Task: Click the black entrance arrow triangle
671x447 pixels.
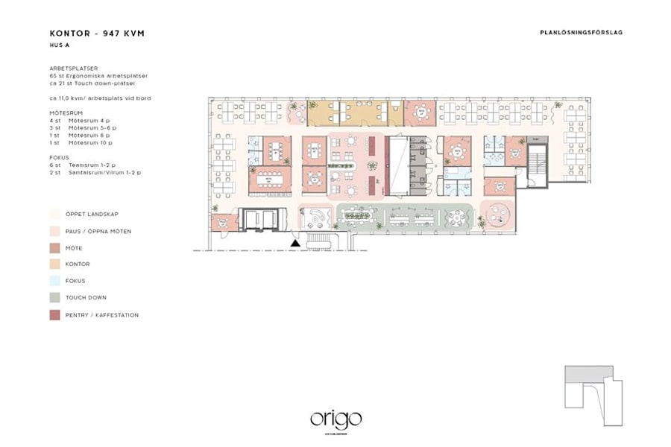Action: point(296,242)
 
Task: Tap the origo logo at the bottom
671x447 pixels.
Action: point(335,419)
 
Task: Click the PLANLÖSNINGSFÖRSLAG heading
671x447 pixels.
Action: point(581,33)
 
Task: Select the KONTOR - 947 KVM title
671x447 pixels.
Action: point(97,34)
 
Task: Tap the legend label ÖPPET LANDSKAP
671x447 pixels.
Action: point(92,213)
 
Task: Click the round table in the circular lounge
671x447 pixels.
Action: point(497,216)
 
